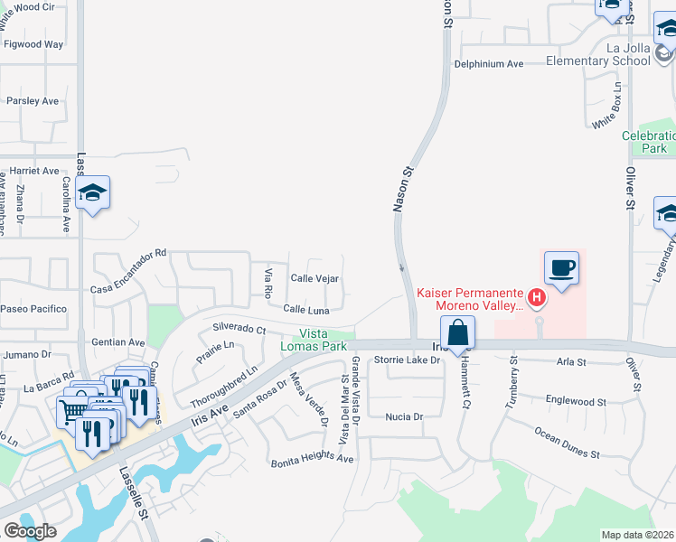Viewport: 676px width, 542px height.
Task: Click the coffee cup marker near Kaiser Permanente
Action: point(561,268)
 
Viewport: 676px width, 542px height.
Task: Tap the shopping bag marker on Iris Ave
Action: point(458,332)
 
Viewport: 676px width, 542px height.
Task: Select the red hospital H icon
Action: point(537,297)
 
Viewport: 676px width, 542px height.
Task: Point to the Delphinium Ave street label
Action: point(489,64)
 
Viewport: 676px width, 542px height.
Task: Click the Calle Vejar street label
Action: point(314,278)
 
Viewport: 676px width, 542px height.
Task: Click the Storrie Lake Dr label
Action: point(407,360)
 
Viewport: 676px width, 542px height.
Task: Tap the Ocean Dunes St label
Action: point(567,444)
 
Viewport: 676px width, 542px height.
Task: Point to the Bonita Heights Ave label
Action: point(313,460)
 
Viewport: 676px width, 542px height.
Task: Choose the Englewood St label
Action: point(576,400)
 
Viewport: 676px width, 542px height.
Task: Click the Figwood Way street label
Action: point(33,43)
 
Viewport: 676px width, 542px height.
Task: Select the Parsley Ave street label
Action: point(33,101)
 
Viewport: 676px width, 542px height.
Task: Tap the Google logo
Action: point(30,531)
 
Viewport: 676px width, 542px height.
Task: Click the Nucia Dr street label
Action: point(404,416)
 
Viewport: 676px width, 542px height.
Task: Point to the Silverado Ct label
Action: point(239,329)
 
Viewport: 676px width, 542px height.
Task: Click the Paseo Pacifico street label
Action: point(33,309)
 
